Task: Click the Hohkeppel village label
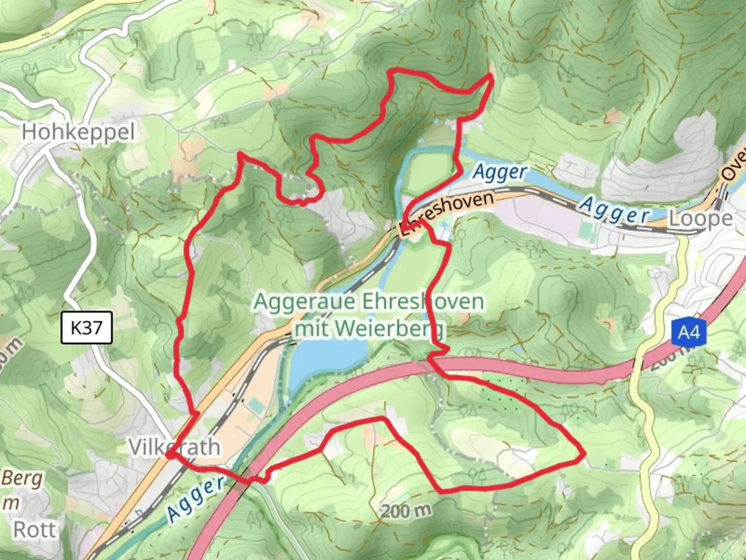click(78, 132)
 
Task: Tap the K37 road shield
click(87, 328)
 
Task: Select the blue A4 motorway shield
click(688, 332)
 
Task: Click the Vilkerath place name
click(174, 446)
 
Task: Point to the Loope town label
click(700, 219)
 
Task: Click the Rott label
click(34, 530)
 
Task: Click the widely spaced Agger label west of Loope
click(614, 210)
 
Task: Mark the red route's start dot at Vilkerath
click(169, 455)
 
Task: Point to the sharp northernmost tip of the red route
click(491, 76)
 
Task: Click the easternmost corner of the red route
click(584, 455)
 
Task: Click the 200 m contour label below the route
click(406, 511)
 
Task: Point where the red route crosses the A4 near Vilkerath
click(246, 478)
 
